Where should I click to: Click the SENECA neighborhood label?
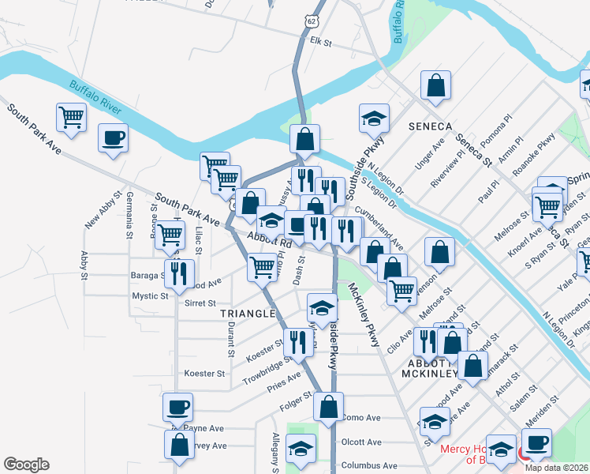point(430,126)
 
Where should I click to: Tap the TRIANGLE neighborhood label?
point(246,314)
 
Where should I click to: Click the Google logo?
point(26,465)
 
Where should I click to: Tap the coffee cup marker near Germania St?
point(113,138)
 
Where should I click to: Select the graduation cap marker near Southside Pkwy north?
point(374,118)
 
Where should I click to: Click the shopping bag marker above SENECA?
point(435,86)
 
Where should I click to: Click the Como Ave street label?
point(362,418)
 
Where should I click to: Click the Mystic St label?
point(150,296)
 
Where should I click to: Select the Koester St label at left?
point(204,373)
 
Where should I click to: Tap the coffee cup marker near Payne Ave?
point(177,408)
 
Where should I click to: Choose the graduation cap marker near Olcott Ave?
point(300,450)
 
